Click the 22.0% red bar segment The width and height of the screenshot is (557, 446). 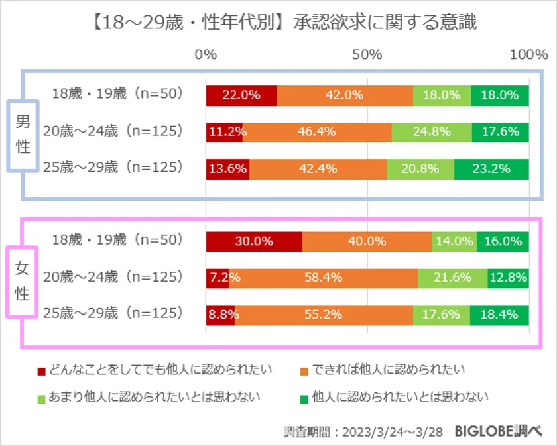pyautogui.click(x=241, y=95)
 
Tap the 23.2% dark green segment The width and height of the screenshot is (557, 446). pyautogui.click(x=491, y=168)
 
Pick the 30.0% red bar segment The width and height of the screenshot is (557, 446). pyautogui.click(x=254, y=242)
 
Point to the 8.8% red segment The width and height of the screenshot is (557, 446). pyautogui.click(x=220, y=315)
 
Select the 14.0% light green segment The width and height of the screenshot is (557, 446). pyautogui.click(x=454, y=242)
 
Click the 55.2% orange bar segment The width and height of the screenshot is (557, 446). pyautogui.click(x=324, y=315)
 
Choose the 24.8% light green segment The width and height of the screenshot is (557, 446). pyautogui.click(x=431, y=132)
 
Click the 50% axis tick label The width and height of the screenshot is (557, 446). pyautogui.click(x=367, y=55)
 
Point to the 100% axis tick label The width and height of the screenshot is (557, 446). pyautogui.click(x=528, y=55)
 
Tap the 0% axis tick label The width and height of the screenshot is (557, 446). pyautogui.click(x=206, y=55)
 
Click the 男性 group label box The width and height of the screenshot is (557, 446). pyautogui.click(x=23, y=135)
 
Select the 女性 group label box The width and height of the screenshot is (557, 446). pyautogui.click(x=23, y=281)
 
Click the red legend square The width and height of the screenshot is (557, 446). pyautogui.click(x=41, y=370)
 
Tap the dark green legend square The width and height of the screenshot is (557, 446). pyautogui.click(x=304, y=398)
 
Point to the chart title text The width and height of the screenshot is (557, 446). pyautogui.click(x=278, y=23)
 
